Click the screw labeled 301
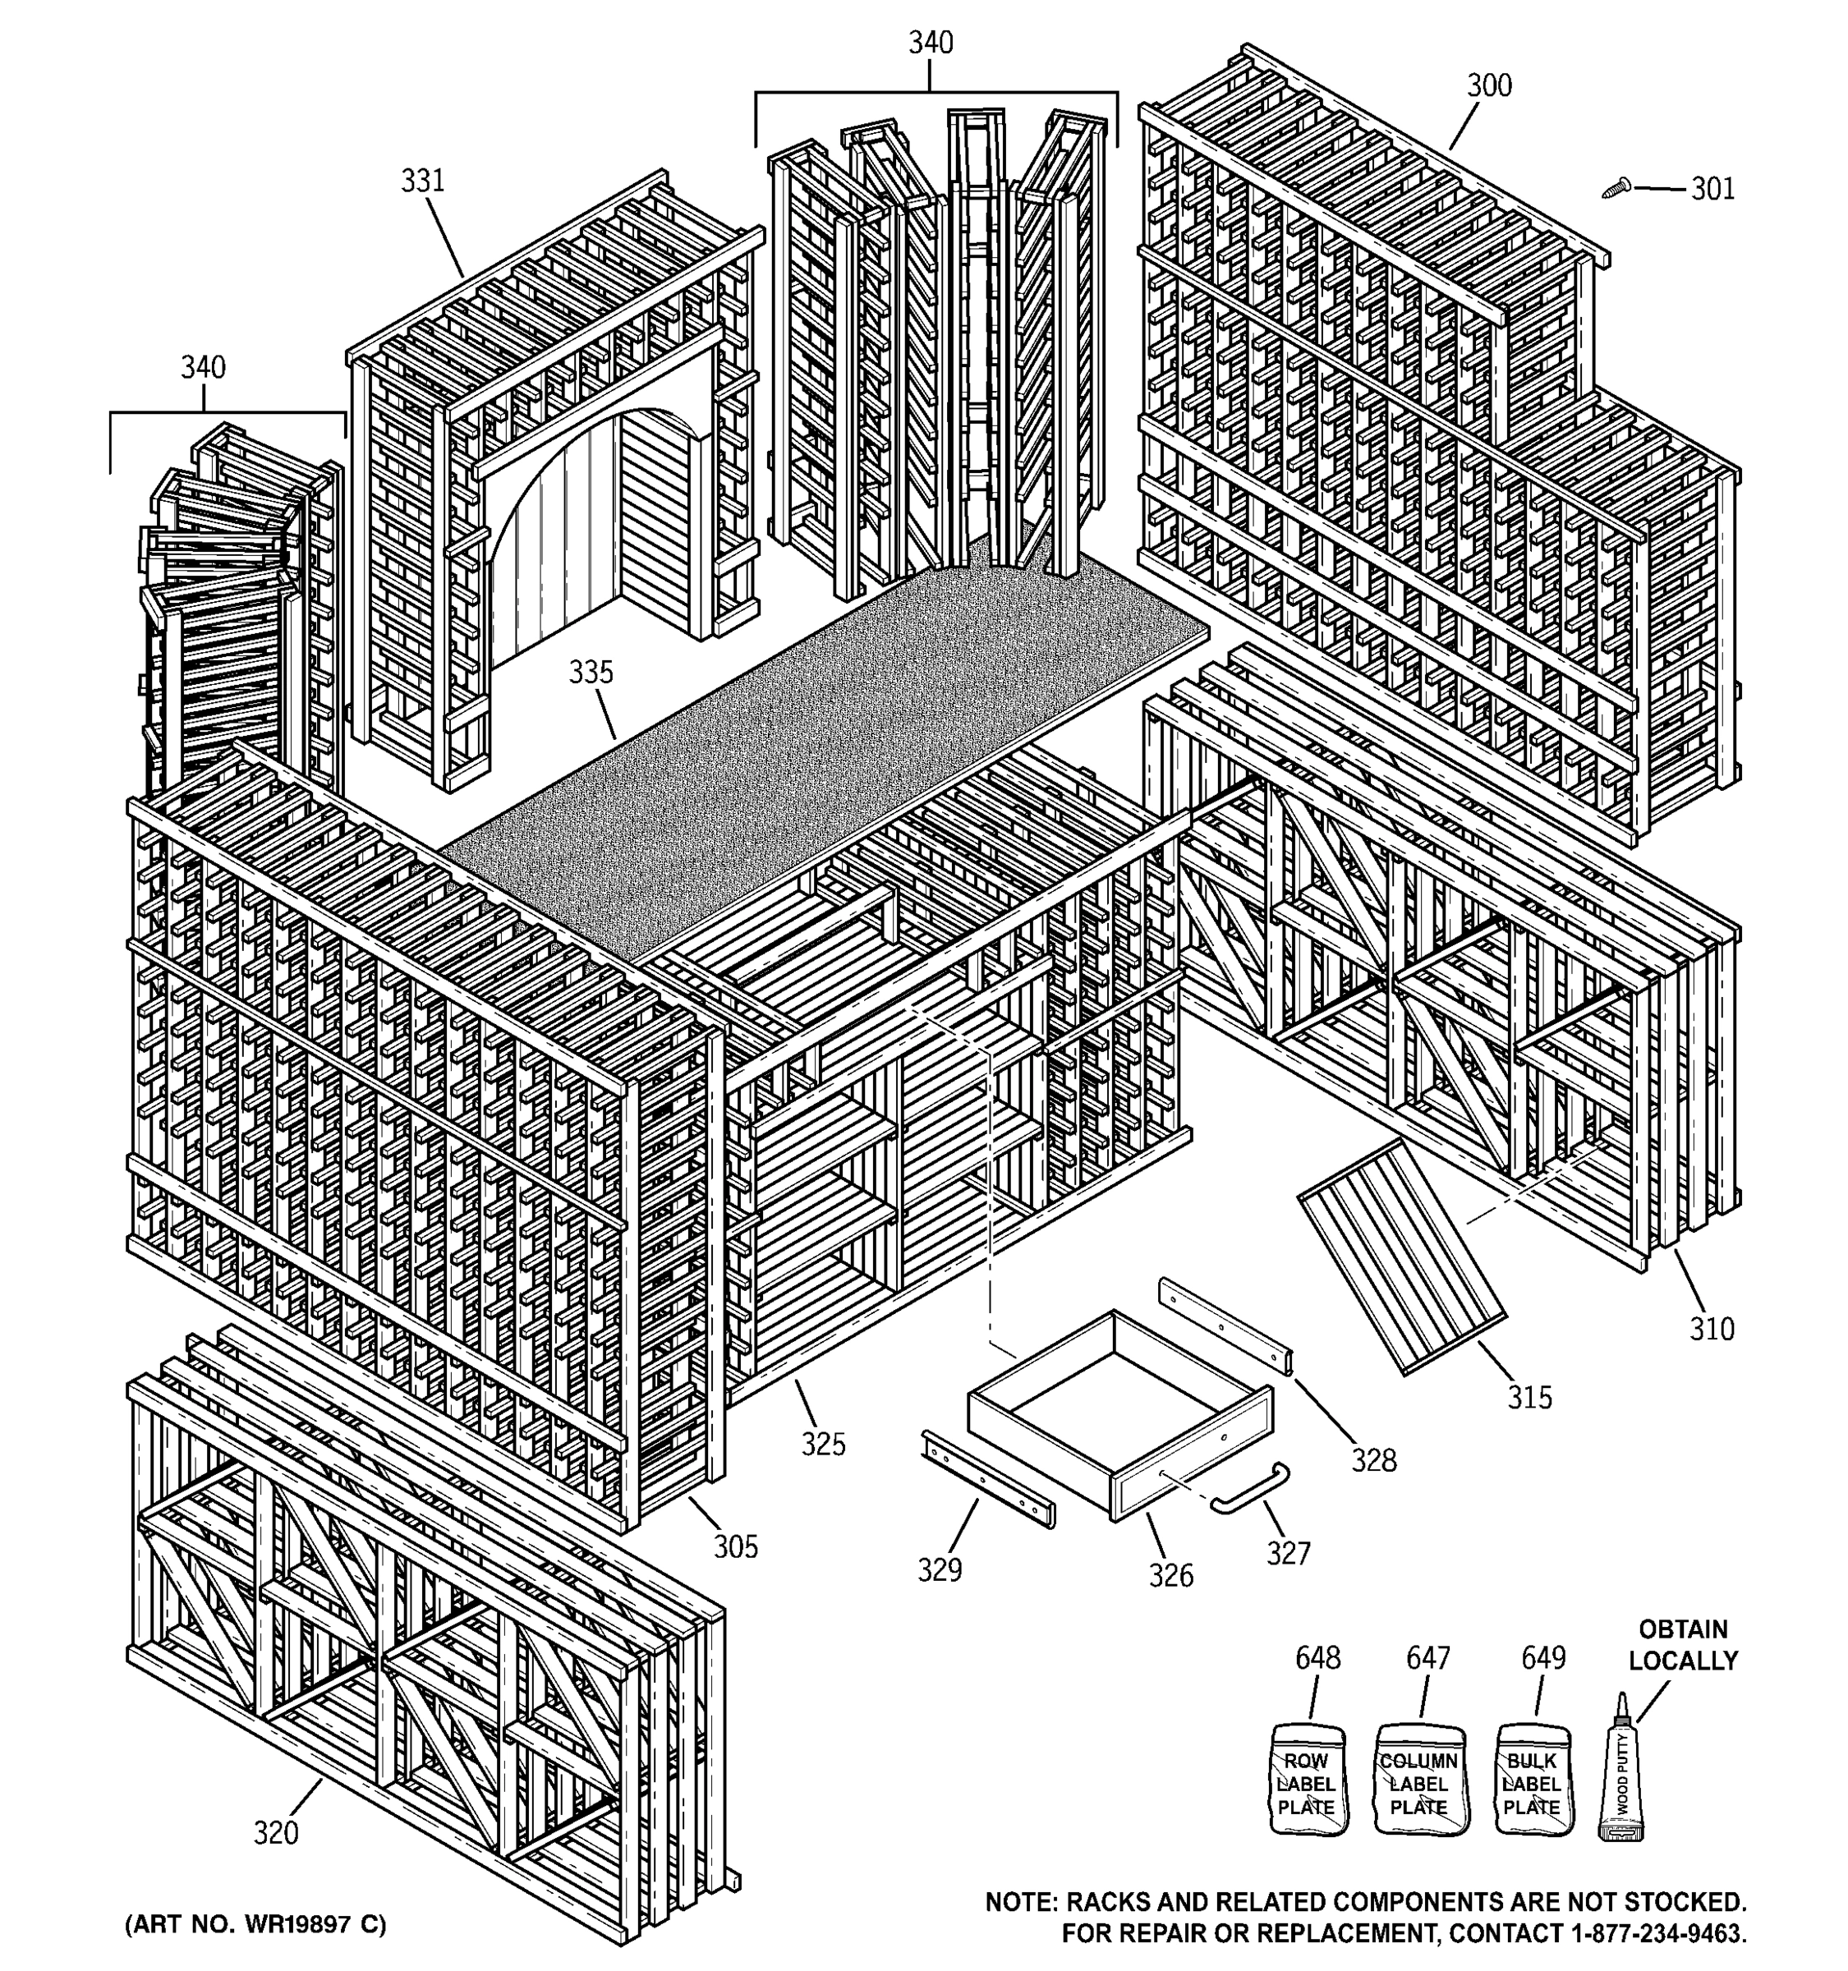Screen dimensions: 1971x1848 (1617, 187)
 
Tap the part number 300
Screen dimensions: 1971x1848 (1489, 86)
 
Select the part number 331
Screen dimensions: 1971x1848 (422, 181)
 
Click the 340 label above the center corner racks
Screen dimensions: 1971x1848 (930, 43)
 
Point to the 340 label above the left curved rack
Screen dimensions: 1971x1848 (202, 368)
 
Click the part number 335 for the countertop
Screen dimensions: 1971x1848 (590, 673)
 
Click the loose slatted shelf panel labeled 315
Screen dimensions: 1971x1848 (1402, 1258)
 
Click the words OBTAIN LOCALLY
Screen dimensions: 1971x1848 (1682, 1645)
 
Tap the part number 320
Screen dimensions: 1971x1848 (276, 1833)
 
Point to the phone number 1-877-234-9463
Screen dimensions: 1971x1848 (1657, 1932)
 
